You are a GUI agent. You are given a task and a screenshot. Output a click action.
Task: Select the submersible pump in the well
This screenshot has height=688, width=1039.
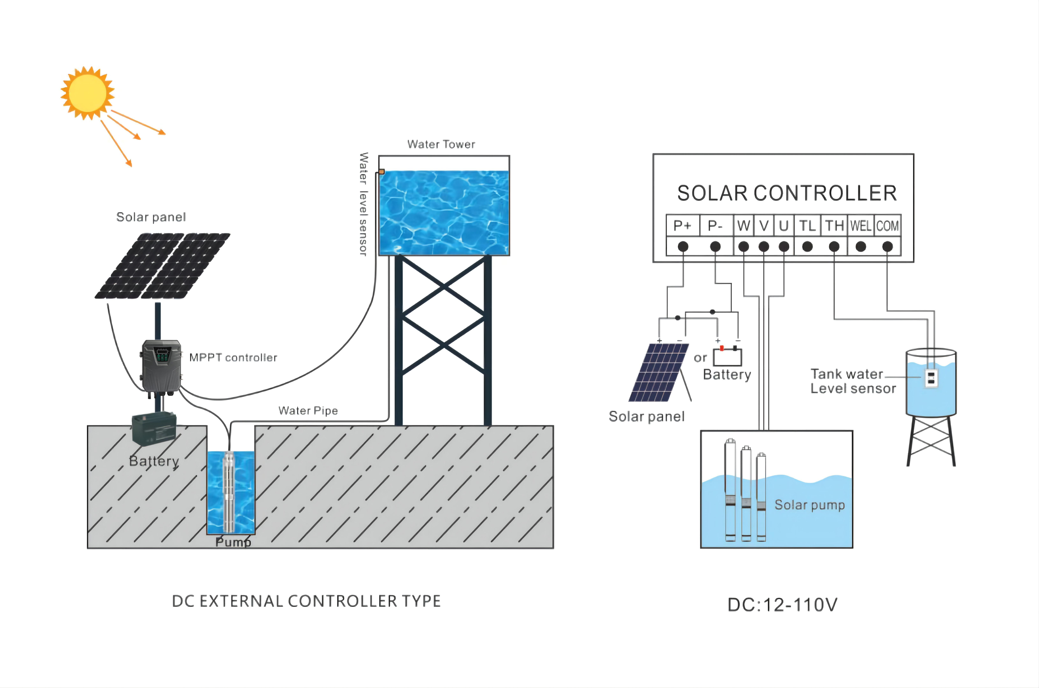229,491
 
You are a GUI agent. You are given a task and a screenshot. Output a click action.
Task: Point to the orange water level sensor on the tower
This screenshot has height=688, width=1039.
382,172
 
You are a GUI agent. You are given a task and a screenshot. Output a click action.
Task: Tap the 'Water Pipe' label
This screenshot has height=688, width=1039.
308,411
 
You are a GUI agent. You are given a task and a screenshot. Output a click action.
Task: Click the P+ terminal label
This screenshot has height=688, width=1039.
682,225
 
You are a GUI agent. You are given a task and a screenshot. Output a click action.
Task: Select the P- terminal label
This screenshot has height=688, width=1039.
715,225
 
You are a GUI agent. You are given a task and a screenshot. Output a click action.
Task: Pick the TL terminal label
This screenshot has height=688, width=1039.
807,225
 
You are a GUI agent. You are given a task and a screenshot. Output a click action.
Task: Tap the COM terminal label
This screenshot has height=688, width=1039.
887,225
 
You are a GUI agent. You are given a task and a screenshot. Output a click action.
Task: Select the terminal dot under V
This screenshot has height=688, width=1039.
764,247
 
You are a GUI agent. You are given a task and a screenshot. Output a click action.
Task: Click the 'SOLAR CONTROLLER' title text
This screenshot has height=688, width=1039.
787,193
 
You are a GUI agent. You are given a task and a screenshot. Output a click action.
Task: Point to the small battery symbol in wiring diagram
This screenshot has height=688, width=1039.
727,356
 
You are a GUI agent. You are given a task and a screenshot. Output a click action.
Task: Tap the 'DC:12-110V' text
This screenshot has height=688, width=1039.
782,605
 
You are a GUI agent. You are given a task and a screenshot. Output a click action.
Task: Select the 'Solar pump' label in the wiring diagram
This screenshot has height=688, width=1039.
809,505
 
